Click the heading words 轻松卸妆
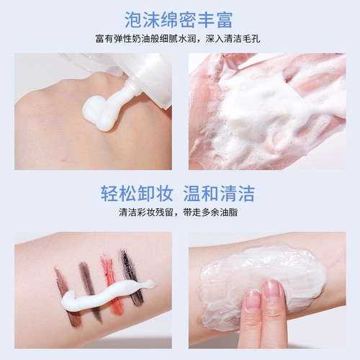click(137, 193)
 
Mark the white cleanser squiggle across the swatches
click(101, 295)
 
